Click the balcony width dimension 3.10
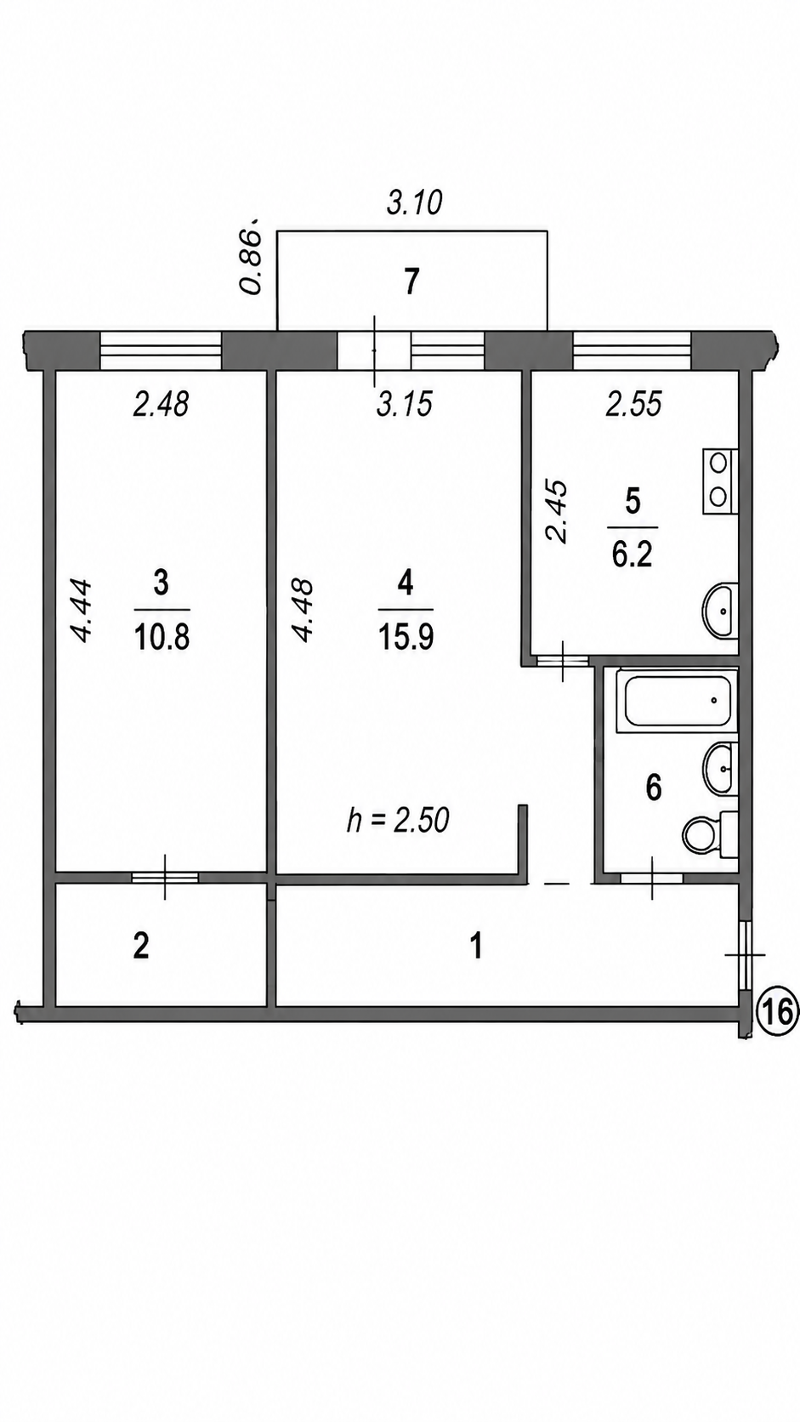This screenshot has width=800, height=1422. click(414, 203)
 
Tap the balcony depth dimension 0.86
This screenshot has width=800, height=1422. click(252, 256)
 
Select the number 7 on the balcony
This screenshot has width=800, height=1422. click(412, 282)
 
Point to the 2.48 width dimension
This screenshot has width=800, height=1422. click(162, 404)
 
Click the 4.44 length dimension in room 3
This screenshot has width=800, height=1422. click(82, 610)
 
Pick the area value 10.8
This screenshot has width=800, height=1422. click(162, 637)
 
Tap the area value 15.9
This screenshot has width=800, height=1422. click(406, 637)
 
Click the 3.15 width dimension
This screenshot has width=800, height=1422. click(405, 404)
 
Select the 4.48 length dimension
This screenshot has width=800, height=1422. click(302, 610)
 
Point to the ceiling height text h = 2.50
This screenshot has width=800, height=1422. click(399, 820)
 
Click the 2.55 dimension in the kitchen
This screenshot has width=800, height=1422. click(634, 404)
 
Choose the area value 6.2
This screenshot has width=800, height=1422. click(633, 556)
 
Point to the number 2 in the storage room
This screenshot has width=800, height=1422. click(140, 947)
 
